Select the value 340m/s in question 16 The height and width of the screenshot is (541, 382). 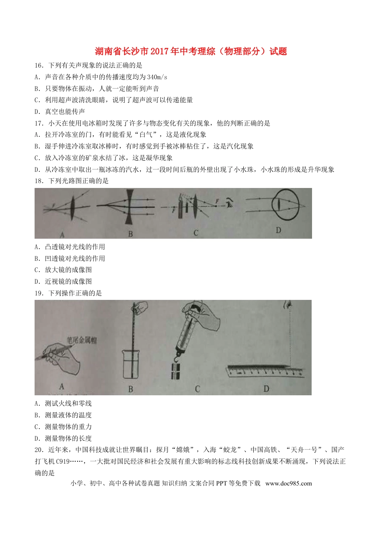tap(157, 77)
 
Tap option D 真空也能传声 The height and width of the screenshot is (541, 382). tap(60, 112)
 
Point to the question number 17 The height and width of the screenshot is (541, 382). tap(39, 123)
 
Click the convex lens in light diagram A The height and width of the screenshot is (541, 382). tap(73, 208)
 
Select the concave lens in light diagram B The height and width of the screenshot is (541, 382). tap(130, 206)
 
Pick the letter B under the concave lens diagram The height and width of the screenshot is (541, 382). tap(130, 233)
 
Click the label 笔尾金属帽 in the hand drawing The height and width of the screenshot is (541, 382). tap(82, 340)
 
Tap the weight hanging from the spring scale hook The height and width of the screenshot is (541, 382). tap(176, 371)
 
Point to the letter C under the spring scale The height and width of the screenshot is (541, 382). tap(197, 389)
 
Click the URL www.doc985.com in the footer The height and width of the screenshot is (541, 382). tap(288, 483)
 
